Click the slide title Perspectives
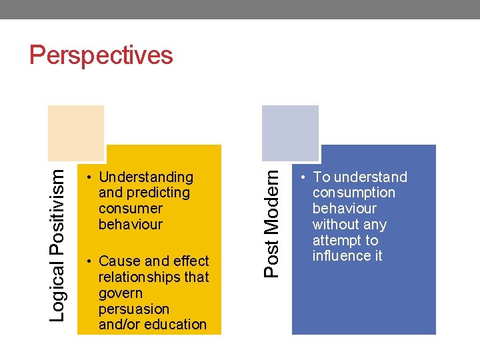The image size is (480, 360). (x=101, y=55)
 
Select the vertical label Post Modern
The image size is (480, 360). (x=271, y=221)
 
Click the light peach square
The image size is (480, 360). (x=76, y=132)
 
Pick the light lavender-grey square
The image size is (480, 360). (x=290, y=132)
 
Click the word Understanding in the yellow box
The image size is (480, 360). (x=145, y=177)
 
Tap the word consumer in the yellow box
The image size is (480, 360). (x=130, y=209)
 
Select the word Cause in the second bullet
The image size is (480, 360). (x=117, y=261)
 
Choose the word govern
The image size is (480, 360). (x=121, y=293)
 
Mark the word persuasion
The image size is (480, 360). (x=133, y=309)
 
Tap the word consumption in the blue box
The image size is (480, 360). (x=354, y=193)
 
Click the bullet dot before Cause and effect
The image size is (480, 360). (x=89, y=261)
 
